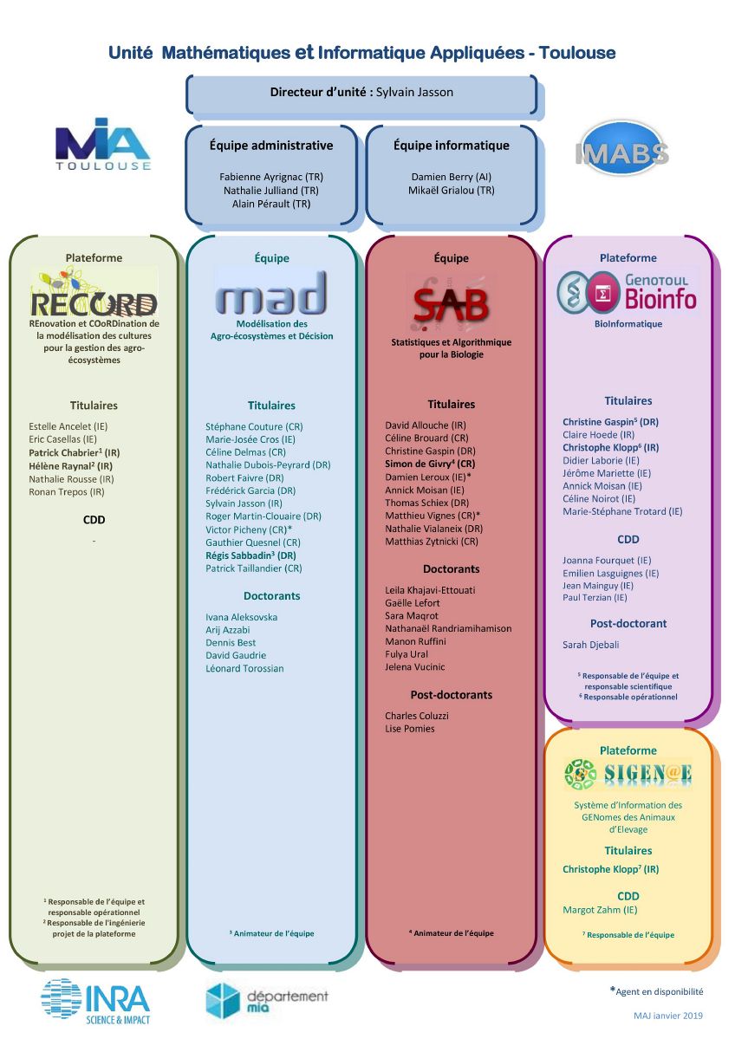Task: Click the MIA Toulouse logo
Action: tap(103, 145)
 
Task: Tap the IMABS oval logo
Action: tap(621, 149)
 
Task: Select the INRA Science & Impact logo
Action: tap(95, 1001)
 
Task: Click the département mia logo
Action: tap(266, 1001)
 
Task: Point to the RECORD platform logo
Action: tap(94, 293)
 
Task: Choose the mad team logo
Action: tap(271, 293)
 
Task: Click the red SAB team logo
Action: tap(451, 302)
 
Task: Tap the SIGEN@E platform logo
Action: tap(628, 774)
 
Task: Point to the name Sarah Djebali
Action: tap(590, 645)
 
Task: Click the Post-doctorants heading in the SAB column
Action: tap(452, 694)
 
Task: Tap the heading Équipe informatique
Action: tap(452, 145)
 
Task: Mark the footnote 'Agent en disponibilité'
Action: tap(657, 991)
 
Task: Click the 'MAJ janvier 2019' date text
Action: tap(668, 1015)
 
